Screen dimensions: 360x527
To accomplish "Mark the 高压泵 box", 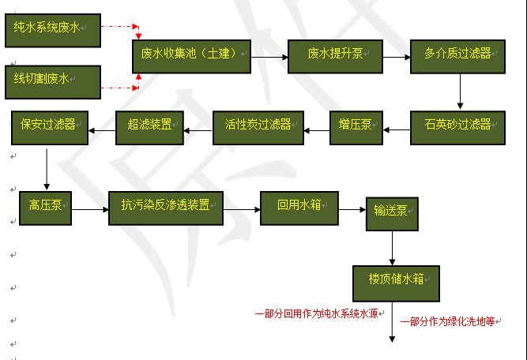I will tap(46, 207).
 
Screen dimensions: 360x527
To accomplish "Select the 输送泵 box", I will tap(392, 212).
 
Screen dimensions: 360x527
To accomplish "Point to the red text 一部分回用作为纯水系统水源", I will tap(320, 314).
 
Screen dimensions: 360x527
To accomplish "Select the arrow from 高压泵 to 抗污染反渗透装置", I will tap(90, 209).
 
